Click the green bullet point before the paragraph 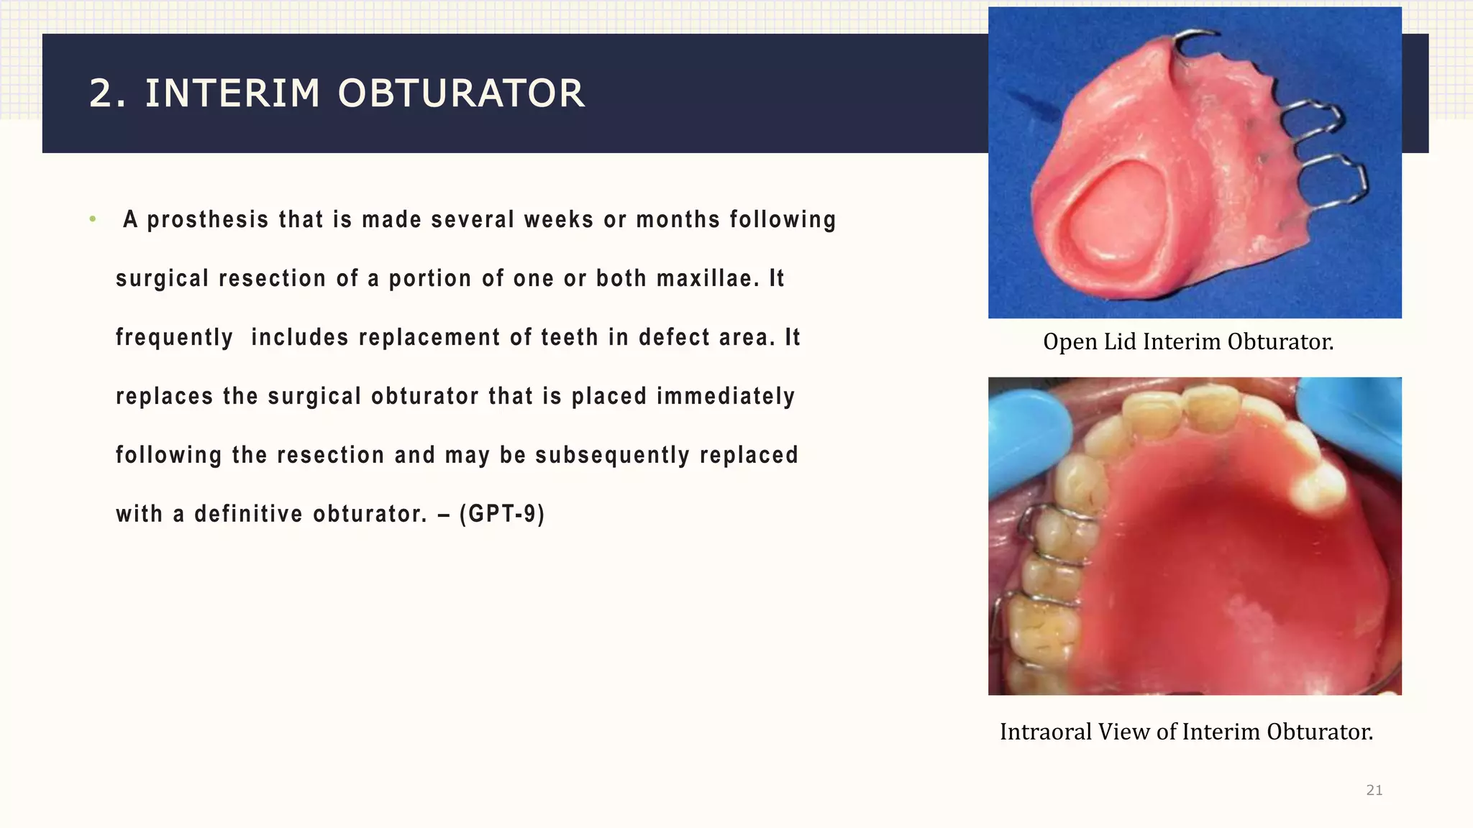[x=93, y=219]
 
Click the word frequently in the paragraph [x=175, y=337]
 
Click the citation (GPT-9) [x=502, y=514]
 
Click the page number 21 [x=1374, y=790]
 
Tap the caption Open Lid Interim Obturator [x=1188, y=341]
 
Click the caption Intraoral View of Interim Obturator [x=1187, y=732]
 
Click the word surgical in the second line [x=162, y=278]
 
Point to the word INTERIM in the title [x=232, y=94]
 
